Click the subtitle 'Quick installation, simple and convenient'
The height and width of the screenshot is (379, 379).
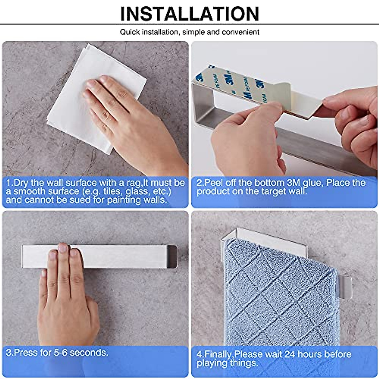tap(189, 32)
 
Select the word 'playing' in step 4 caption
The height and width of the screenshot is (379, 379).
tap(212, 363)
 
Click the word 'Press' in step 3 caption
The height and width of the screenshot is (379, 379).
tap(27, 352)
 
